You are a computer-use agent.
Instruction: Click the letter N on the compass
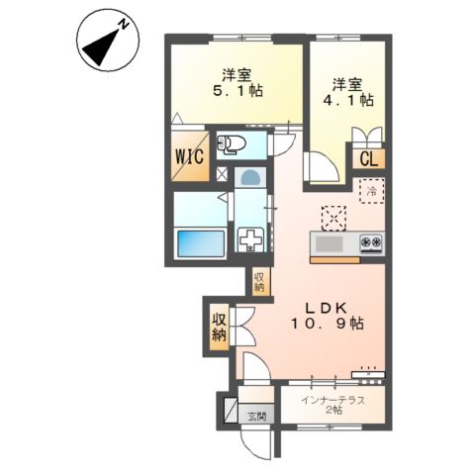point(124,25)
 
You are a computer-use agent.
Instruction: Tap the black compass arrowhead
point(100,47)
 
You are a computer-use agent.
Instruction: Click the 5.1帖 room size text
point(237,90)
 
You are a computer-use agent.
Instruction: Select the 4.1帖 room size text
point(348,100)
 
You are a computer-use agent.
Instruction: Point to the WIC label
point(190,156)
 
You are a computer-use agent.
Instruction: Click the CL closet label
point(368,159)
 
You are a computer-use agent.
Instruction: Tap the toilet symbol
point(232,144)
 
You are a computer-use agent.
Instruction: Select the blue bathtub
point(201,243)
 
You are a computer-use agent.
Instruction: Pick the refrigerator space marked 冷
point(372,191)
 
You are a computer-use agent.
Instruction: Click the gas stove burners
point(371,242)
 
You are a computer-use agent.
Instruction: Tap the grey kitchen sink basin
point(329,244)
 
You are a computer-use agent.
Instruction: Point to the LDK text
point(326,309)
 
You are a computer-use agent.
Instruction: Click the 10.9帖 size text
point(327,324)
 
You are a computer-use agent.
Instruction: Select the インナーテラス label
point(333,401)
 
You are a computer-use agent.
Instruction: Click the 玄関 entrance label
point(257,417)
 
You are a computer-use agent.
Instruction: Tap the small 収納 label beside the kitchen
point(259,282)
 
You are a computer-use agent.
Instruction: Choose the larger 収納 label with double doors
point(220,327)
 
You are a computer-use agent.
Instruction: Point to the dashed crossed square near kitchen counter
point(333,218)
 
